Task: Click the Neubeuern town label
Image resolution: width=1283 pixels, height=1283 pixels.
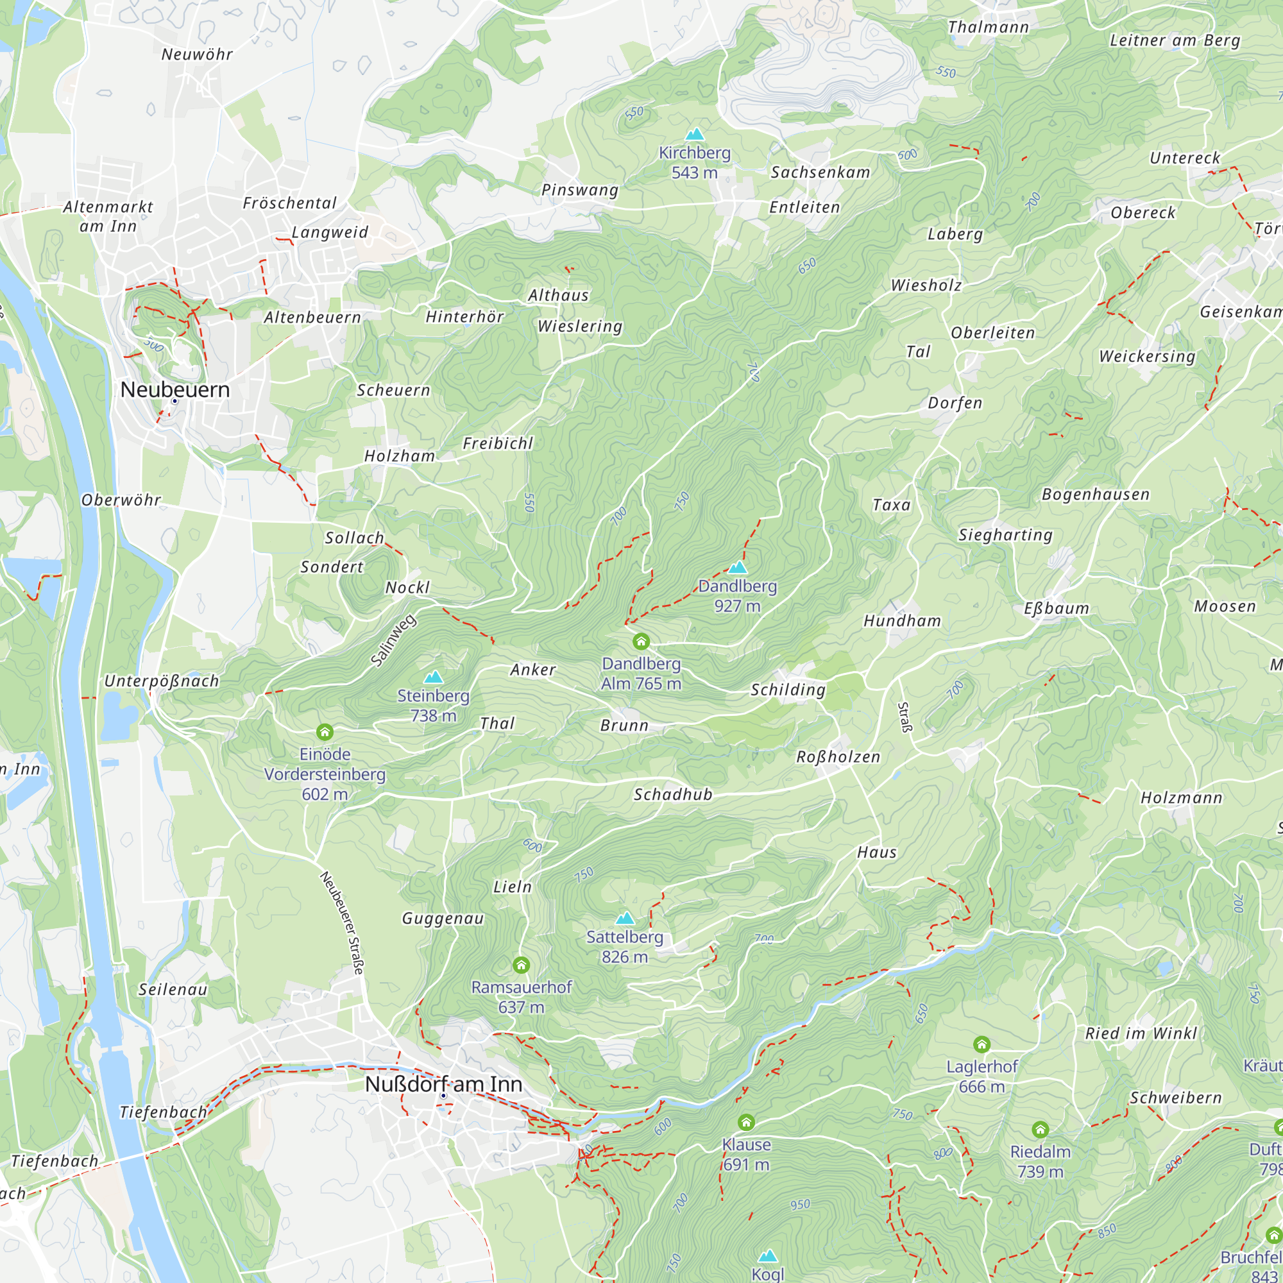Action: [174, 390]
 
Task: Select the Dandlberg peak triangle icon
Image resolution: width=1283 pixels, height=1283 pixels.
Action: [738, 567]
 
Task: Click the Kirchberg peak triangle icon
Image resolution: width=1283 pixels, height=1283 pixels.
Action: [695, 134]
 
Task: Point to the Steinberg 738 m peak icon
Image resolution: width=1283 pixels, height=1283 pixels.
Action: [434, 677]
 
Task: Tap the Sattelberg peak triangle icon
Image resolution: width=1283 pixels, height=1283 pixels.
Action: [625, 919]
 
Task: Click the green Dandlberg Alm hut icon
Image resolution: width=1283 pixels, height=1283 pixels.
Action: [641, 641]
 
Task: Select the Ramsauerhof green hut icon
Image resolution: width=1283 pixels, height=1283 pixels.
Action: [522, 964]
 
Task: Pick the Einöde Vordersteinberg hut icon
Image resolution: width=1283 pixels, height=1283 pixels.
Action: [325, 732]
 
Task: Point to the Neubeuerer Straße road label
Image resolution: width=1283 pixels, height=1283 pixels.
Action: [343, 923]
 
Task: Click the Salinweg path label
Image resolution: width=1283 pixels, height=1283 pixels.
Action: [393, 640]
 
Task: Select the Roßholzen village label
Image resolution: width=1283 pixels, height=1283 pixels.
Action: [838, 757]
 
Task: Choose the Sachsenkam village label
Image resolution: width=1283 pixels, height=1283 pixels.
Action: [820, 173]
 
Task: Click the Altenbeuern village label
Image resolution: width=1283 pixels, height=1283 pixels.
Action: [312, 318]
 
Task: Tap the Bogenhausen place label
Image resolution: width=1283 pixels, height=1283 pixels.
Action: [1095, 494]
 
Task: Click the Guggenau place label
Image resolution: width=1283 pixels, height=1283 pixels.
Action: [443, 919]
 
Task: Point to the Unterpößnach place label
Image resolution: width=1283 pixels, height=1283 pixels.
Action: [162, 681]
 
